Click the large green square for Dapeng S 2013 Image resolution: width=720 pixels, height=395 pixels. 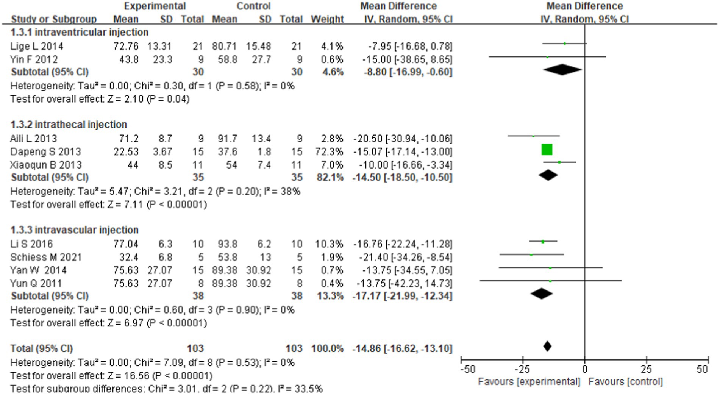[x=547, y=150]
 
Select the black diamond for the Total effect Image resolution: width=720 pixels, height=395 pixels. [x=547, y=346]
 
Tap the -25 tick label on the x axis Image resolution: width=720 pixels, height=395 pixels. [x=522, y=369]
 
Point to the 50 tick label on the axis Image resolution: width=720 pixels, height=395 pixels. [x=701, y=369]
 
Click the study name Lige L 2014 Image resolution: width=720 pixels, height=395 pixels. [x=37, y=46]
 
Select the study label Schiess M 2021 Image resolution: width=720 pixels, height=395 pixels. [x=46, y=258]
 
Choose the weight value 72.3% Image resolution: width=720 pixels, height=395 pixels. [x=329, y=152]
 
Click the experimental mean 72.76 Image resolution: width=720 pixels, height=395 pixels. [x=126, y=46]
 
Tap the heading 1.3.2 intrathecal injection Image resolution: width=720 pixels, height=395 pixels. [x=69, y=125]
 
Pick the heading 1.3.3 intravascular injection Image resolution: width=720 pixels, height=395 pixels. [x=74, y=230]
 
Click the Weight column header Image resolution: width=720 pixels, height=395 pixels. [x=327, y=19]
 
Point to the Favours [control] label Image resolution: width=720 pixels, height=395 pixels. [x=625, y=381]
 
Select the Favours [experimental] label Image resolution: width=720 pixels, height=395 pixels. [x=529, y=381]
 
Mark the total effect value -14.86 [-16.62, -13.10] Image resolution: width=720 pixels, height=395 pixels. [x=402, y=348]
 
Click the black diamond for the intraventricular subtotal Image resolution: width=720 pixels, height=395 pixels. [x=562, y=69]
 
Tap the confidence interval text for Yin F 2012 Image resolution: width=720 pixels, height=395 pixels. [x=407, y=59]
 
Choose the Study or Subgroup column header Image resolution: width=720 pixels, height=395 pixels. [x=54, y=19]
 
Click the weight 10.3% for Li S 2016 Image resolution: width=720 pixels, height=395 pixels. [x=329, y=244]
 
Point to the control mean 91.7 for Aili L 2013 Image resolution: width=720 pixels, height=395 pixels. [x=227, y=139]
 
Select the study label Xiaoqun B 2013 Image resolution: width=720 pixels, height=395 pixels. [x=46, y=165]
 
